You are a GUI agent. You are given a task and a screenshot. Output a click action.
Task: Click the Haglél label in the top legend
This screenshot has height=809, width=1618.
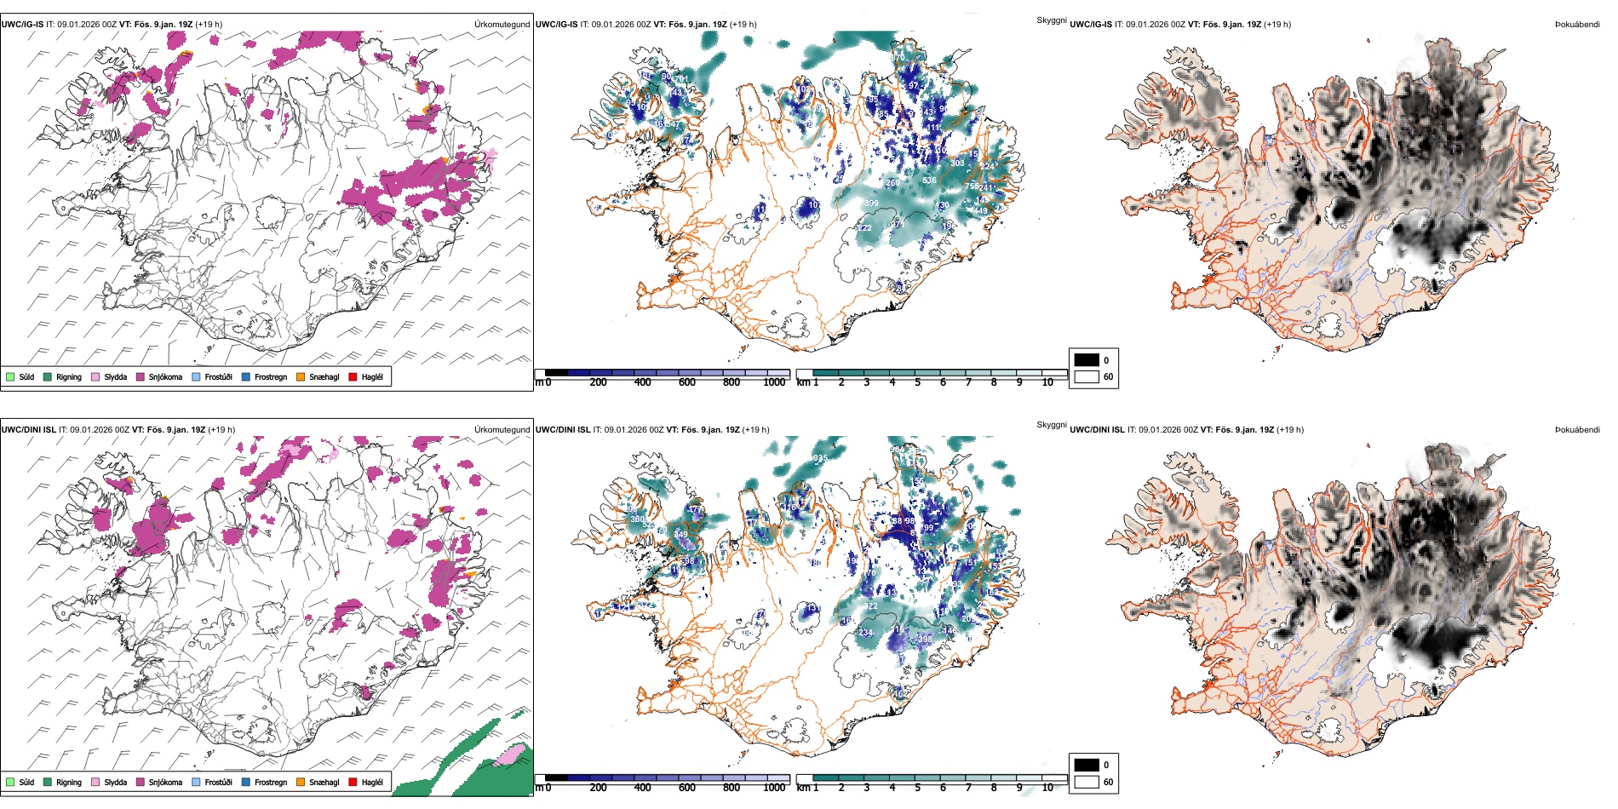click(372, 377)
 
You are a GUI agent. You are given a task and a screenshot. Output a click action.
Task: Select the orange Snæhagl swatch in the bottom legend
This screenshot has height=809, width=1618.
click(301, 783)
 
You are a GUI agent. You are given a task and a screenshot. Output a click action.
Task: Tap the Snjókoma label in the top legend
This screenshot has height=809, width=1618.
click(165, 377)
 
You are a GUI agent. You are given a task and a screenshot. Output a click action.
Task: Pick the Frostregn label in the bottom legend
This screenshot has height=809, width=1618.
click(271, 783)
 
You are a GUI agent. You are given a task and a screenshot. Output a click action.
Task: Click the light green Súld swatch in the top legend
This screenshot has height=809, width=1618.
click(10, 377)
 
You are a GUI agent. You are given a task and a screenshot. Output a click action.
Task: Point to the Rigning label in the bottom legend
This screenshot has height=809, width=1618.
click(69, 783)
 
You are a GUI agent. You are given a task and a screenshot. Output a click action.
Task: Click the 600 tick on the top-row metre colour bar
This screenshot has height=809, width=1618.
click(687, 383)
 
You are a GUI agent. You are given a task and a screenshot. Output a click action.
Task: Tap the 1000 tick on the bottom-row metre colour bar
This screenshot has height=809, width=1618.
click(774, 789)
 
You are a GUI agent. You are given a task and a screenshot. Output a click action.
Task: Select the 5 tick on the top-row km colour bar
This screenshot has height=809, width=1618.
click(918, 383)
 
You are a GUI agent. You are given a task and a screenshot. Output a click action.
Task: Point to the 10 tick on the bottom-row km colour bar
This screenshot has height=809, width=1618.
click(1047, 789)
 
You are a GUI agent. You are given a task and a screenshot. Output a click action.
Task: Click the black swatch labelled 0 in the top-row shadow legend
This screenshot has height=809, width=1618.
click(1087, 360)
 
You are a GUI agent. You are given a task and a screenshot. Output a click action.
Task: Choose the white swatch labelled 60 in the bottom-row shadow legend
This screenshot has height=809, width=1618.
click(1087, 782)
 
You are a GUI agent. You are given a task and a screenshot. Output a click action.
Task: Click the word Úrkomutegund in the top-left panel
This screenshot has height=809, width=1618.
click(502, 25)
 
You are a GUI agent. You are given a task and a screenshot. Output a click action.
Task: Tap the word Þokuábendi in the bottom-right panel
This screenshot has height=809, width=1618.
click(1577, 430)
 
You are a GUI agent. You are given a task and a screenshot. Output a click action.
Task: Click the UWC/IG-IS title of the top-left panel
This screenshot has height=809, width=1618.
click(22, 25)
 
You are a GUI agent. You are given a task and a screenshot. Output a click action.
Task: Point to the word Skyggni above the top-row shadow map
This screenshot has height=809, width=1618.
click(1052, 20)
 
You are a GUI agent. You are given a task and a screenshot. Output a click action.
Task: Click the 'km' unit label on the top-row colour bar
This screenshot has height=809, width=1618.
click(803, 383)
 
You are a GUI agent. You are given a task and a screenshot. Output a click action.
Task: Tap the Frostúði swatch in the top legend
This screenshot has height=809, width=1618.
click(197, 377)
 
